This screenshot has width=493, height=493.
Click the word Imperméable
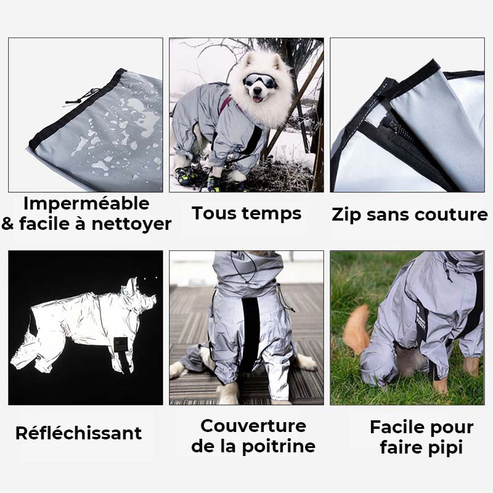86,204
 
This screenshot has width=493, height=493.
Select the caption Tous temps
246,213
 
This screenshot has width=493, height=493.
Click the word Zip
347,215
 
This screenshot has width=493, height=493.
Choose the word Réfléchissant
78,433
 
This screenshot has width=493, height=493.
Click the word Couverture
253,426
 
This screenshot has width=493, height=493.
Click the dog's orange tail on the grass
356,330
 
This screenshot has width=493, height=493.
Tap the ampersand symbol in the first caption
9,224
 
